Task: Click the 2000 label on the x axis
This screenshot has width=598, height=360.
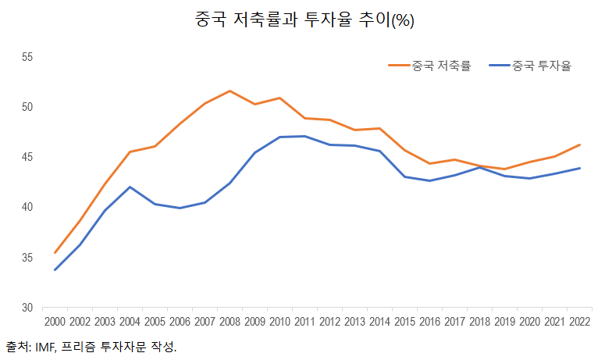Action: click(x=55, y=322)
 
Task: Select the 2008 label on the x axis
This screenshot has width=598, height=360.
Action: click(x=230, y=322)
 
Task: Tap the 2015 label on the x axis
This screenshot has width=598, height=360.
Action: click(x=404, y=322)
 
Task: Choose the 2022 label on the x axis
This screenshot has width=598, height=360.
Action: click(x=579, y=322)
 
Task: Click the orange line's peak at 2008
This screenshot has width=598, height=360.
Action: click(x=230, y=91)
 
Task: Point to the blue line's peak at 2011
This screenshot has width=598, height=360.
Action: click(x=304, y=136)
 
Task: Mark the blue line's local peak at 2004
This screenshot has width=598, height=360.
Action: click(x=130, y=187)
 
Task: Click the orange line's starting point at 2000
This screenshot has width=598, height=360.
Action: click(x=55, y=252)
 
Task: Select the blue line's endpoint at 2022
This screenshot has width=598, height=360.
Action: click(x=579, y=168)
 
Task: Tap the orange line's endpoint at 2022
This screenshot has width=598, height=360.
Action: click(x=579, y=144)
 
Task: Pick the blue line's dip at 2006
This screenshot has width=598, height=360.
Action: click(x=180, y=208)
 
